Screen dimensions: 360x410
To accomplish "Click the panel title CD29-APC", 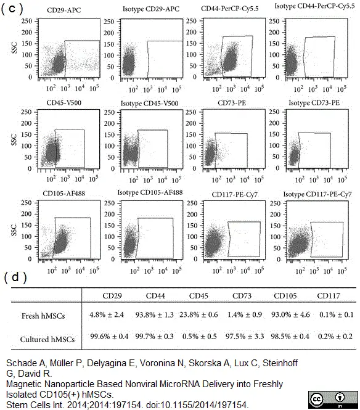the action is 64,10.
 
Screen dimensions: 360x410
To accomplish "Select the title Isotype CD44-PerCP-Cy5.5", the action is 314,6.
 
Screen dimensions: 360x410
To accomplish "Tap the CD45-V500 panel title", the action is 64,103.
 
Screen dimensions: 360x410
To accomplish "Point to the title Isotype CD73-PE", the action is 314,103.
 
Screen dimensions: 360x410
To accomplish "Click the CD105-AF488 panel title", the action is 63,194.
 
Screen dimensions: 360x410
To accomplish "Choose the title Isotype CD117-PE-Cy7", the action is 317,194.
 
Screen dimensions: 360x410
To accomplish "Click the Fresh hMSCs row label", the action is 43,316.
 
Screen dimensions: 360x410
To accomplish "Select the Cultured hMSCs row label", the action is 47,339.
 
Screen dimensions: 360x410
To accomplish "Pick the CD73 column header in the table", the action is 242,296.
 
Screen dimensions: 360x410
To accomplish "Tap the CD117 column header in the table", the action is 329,296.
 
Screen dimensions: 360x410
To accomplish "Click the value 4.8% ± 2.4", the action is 107,314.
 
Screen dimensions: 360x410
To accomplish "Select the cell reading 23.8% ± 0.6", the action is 198,314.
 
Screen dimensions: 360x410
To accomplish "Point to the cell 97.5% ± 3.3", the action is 245,336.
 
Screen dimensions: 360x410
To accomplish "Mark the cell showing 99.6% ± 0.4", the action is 109,336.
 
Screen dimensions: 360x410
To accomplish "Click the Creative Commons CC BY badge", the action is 333,400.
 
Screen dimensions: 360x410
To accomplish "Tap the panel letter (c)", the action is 12,9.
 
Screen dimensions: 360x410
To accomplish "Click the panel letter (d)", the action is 15,277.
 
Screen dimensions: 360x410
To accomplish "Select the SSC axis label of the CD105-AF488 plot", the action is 14,230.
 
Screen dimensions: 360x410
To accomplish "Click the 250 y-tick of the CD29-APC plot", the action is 27,21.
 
